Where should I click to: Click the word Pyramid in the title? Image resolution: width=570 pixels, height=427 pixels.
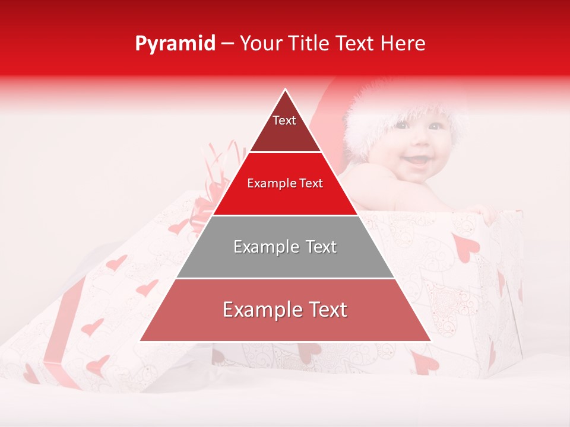coord(175,44)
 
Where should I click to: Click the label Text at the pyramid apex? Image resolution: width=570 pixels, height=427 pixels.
coord(284,120)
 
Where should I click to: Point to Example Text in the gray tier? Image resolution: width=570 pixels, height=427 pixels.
coord(285,247)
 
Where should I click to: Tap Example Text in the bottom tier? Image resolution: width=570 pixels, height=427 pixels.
coord(285,310)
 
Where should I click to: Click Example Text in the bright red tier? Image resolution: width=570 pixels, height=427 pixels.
coord(285,183)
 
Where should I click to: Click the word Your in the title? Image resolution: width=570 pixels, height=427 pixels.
coord(259,43)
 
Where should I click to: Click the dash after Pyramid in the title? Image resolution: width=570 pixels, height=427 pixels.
coord(227,44)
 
